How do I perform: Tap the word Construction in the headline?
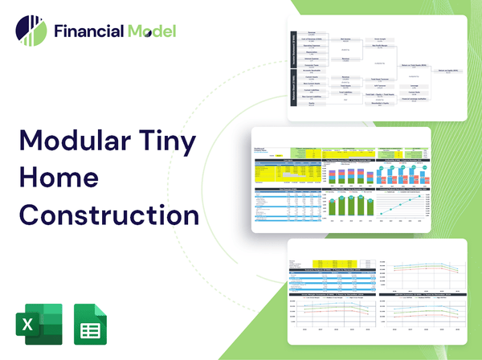109,215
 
